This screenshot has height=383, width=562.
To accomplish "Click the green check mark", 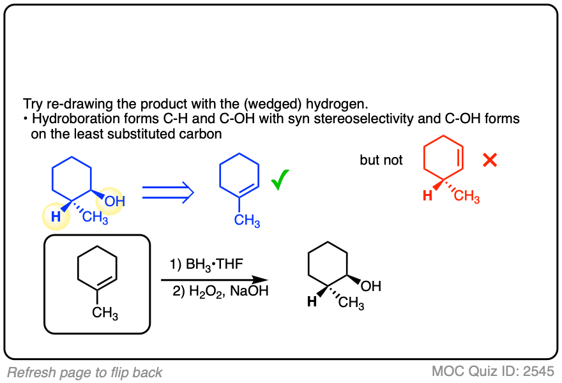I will [279, 182].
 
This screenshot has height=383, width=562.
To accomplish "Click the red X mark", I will [490, 160].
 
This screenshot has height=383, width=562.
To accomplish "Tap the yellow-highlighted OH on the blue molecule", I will [116, 202].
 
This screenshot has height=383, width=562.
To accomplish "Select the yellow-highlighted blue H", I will [56, 216].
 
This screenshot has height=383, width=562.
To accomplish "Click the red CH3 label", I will [467, 197].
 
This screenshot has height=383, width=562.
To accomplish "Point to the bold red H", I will [427, 195].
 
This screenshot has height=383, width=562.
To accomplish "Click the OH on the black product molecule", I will [371, 287].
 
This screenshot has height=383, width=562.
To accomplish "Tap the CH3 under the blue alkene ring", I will [247, 221].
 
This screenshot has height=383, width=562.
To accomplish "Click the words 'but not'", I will [381, 160].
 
